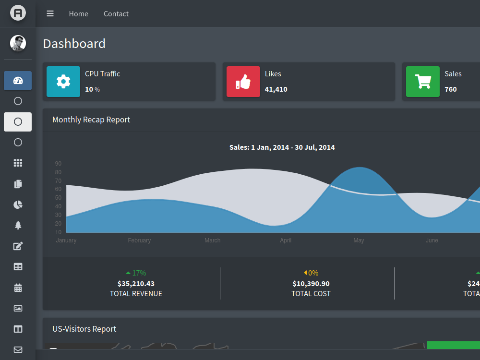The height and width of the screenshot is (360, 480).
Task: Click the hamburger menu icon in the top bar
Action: coord(50,13)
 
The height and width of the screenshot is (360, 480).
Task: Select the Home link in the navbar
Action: coord(78,14)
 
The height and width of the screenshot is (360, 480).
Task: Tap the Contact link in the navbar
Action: coord(116,14)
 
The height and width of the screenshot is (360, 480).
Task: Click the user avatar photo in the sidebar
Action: coord(18,43)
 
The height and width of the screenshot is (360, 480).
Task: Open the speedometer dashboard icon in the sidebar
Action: coord(18,81)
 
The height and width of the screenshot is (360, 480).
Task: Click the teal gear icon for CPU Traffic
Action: coord(63,82)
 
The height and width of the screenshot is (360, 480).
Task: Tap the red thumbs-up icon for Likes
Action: coord(243,82)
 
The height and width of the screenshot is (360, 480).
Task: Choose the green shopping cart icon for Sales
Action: coord(423,82)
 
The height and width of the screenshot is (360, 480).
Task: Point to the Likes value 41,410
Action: coord(276,89)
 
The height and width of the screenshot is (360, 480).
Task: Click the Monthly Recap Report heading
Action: coord(91,120)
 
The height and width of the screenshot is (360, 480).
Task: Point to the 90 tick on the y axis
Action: coord(58,164)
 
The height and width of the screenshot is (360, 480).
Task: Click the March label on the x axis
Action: coord(213,240)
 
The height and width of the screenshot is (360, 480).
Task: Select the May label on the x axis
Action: coord(359,240)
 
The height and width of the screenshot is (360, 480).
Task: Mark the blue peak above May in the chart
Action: coord(360,168)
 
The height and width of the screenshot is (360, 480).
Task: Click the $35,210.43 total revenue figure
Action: coord(136,284)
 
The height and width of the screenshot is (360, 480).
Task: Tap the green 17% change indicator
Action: coord(136,273)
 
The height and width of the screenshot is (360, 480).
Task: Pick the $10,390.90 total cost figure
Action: coord(311,284)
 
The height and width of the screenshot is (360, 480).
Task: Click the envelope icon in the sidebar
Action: coord(18,349)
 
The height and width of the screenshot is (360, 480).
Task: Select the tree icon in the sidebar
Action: coord(18,225)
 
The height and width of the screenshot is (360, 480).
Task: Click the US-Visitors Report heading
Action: coord(84,329)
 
